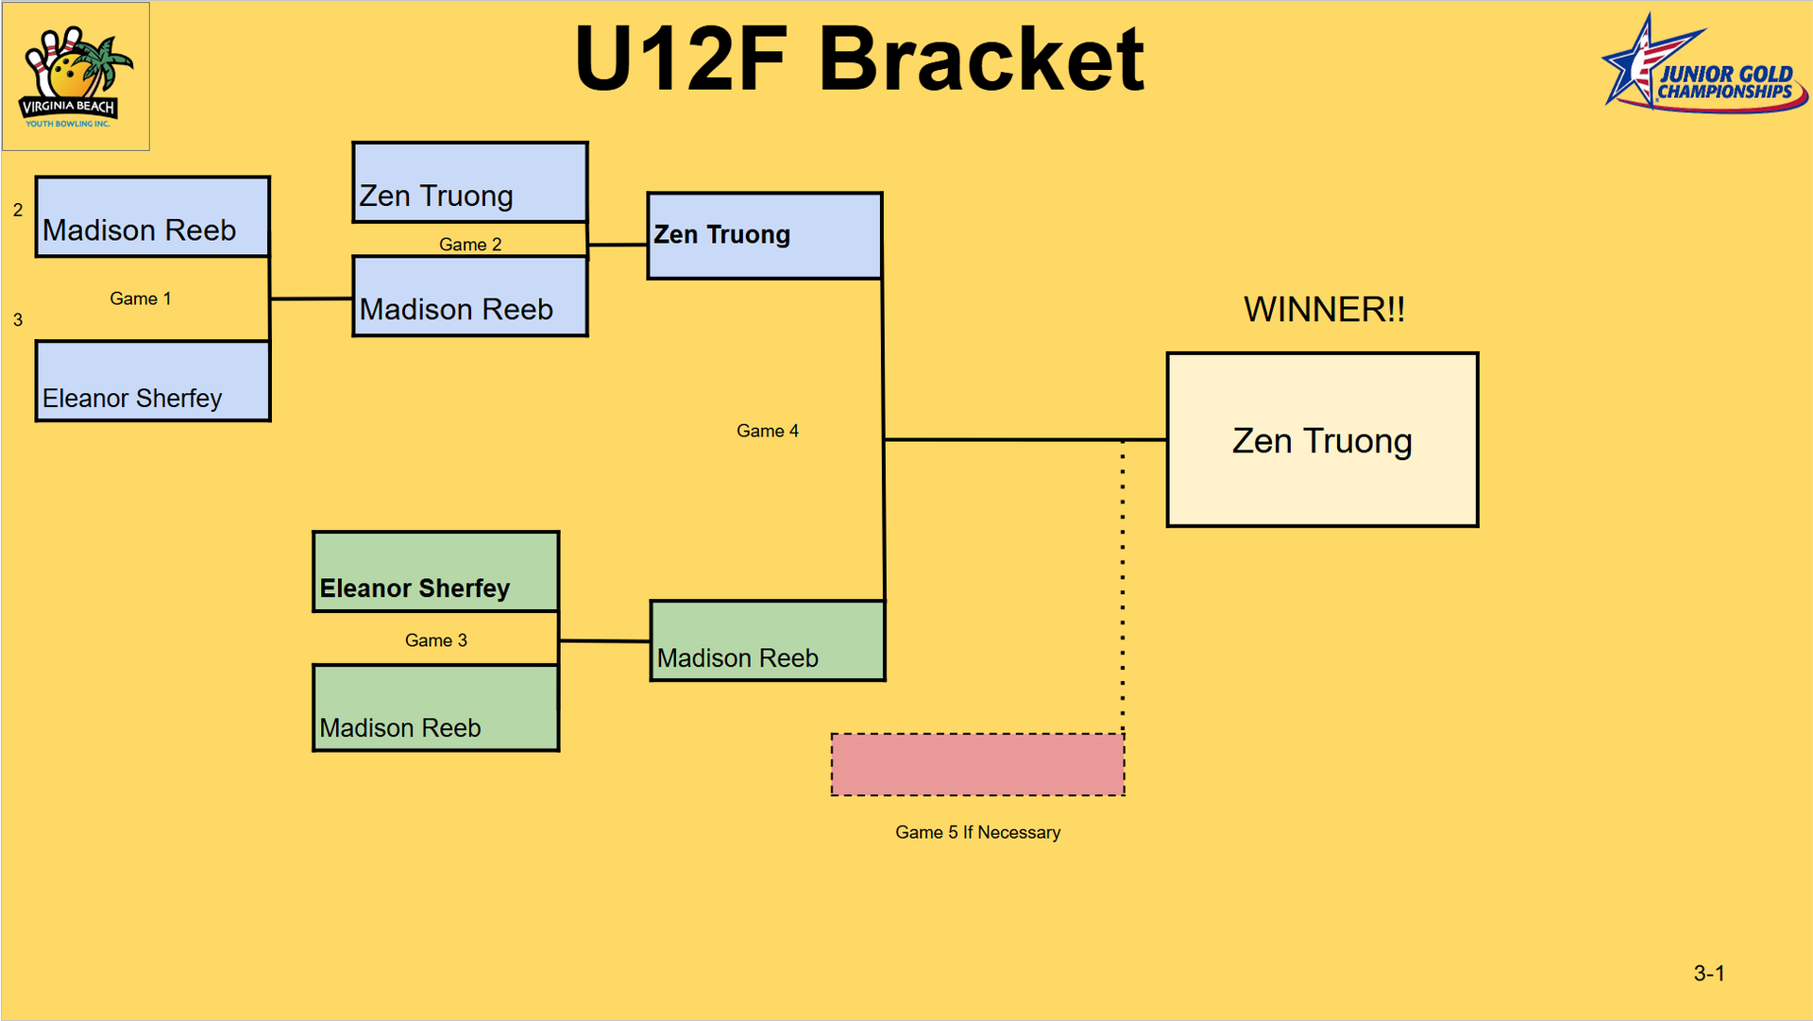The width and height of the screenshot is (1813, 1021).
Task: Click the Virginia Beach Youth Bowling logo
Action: pyautogui.click(x=76, y=77)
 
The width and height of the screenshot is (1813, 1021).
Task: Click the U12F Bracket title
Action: pyautogui.click(x=859, y=60)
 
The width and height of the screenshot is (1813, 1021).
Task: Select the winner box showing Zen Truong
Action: pyautogui.click(x=1322, y=440)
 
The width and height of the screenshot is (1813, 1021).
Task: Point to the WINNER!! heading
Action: pyautogui.click(x=1324, y=310)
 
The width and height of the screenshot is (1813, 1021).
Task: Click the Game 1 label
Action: pyautogui.click(x=141, y=298)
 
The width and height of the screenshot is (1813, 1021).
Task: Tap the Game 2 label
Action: pyautogui.click(x=470, y=245)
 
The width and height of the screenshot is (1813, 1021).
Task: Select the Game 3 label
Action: pyautogui.click(x=436, y=640)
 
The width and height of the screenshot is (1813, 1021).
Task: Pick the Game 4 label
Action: pyautogui.click(x=768, y=431)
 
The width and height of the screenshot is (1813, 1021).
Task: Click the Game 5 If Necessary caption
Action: pyautogui.click(x=977, y=832)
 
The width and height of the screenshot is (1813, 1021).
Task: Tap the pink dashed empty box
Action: pyautogui.click(x=977, y=765)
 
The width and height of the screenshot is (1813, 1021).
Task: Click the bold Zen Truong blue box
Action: pyautogui.click(x=765, y=236)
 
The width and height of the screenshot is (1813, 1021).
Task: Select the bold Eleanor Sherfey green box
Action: pyautogui.click(x=435, y=572)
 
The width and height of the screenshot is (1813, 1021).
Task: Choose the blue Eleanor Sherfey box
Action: pyautogui.click(x=153, y=382)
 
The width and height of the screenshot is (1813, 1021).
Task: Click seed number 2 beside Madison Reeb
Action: pyautogui.click(x=18, y=210)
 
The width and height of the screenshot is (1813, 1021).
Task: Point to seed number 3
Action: pyautogui.click(x=18, y=320)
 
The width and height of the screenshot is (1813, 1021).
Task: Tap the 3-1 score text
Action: pyautogui.click(x=1709, y=973)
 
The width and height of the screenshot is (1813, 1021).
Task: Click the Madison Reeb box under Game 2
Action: pyautogui.click(x=470, y=297)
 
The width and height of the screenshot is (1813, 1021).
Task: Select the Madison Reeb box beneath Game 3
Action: pyautogui.click(x=435, y=708)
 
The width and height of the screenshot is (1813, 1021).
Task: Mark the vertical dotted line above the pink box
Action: pyautogui.click(x=1123, y=586)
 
